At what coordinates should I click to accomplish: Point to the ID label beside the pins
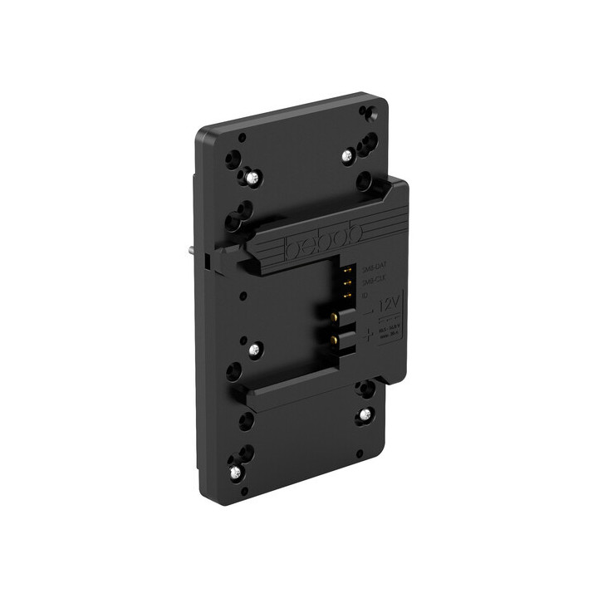[366, 292]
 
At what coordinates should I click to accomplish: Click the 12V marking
[387, 305]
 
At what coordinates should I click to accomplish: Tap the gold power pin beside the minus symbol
[336, 316]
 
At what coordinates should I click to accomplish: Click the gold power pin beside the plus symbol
[336, 340]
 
